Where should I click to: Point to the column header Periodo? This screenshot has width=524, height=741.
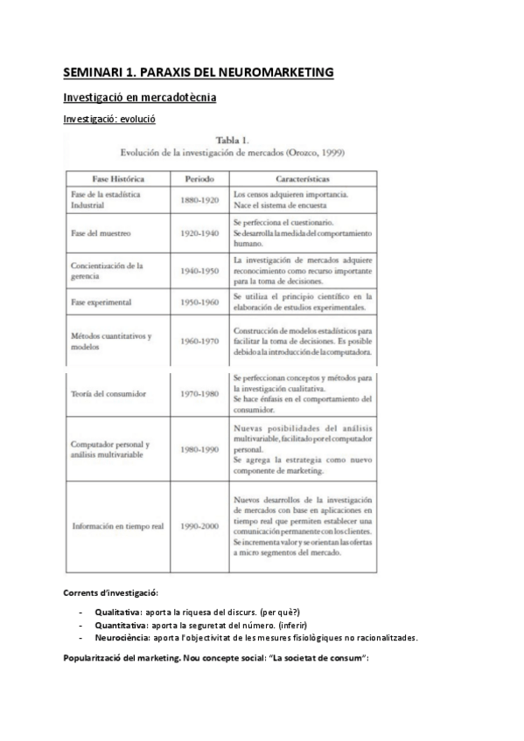pyautogui.click(x=199, y=178)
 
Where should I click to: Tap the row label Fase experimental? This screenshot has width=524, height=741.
pyautogui.click(x=101, y=302)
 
